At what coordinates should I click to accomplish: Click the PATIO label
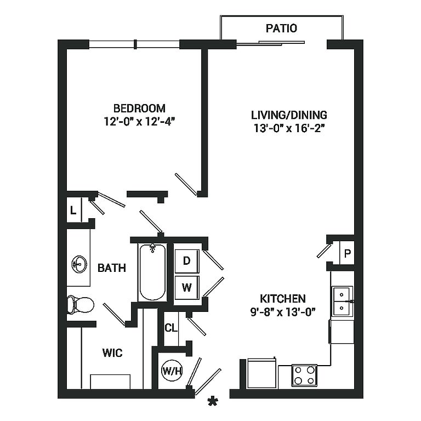pos(281,28)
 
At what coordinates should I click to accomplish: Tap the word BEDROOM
pos(139,108)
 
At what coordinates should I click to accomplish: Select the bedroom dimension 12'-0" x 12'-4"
pos(139,122)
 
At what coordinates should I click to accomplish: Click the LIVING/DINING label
pos(289,115)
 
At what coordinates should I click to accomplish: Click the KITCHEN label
pos(283,299)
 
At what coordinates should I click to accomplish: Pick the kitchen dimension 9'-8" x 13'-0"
pos(283,312)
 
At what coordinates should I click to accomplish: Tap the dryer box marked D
pos(187,261)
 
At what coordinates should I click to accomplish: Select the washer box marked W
pos(187,288)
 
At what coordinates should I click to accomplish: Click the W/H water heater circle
pos(172,371)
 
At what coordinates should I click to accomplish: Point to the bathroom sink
pos(79,264)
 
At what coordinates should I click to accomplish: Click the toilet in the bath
pos(80,304)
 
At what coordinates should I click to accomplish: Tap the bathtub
pos(152,272)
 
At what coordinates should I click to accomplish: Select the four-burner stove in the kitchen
pos(304,375)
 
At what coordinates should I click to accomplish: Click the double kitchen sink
pos(343,301)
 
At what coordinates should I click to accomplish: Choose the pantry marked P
pos(347,253)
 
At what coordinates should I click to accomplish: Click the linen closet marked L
pos(73,210)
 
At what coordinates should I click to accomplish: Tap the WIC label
pos(112,353)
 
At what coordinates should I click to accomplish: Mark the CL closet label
pos(171,328)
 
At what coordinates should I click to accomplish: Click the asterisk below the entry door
pos(213,401)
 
